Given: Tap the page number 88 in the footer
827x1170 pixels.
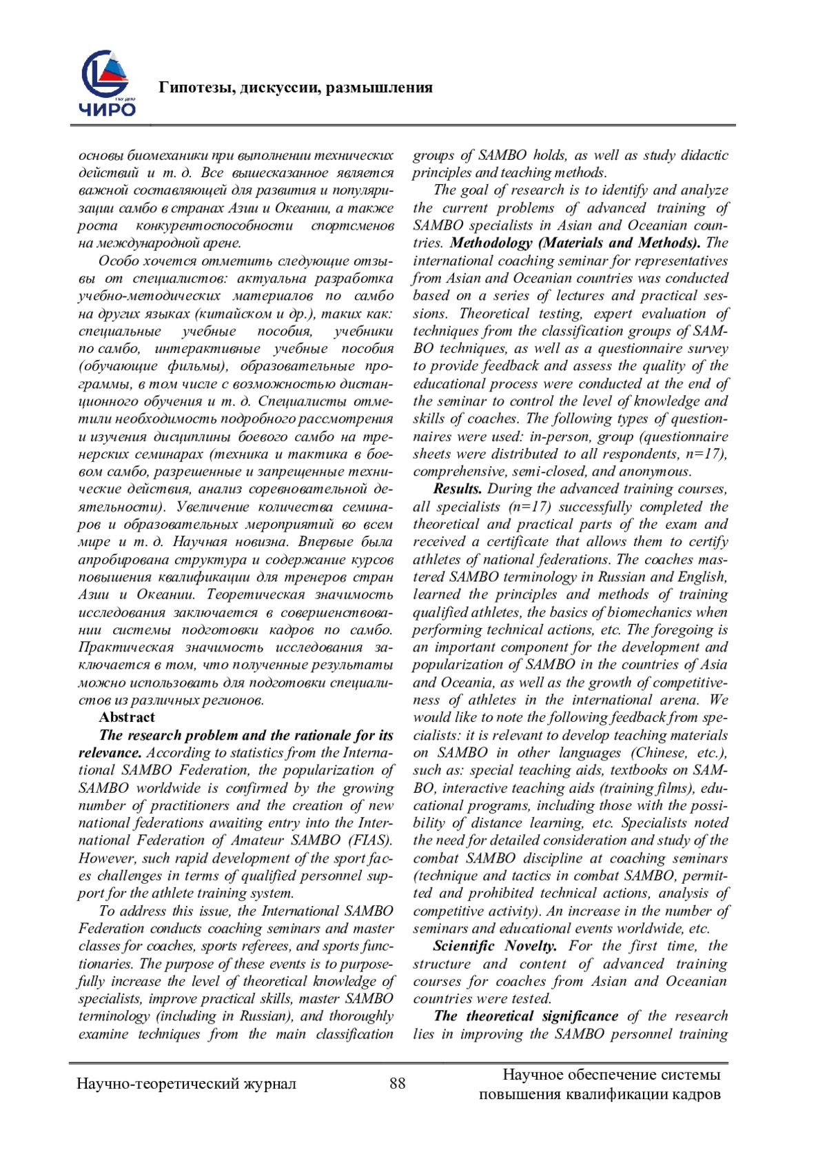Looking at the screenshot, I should click(x=398, y=1083).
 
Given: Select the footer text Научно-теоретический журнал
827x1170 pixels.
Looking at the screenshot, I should click(x=186, y=1084).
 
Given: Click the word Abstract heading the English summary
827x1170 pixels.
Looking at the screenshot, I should click(x=127, y=718).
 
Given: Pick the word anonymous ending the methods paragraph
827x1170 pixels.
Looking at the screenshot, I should click(x=659, y=472).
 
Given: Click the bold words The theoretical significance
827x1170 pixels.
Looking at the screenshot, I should click(x=526, y=1016).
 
